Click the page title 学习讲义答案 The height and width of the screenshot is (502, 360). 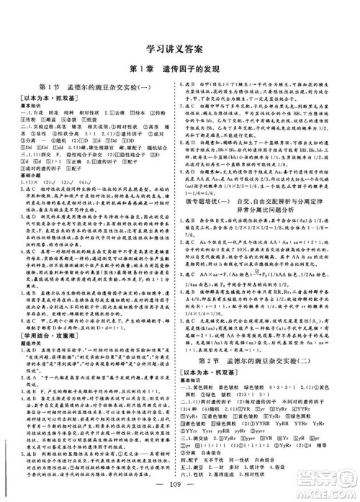[181, 51]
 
